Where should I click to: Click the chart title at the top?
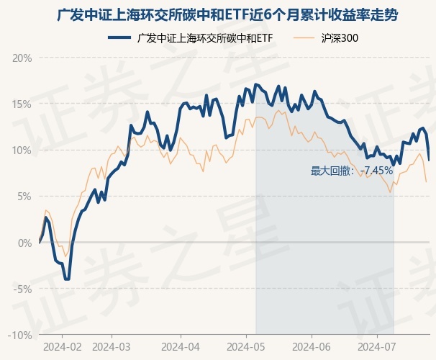pyautogui.click(x=218, y=14)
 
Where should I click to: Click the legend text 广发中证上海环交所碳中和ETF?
pyautogui.click(x=204, y=37)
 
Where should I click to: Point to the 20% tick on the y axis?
pyautogui.click(x=22, y=58)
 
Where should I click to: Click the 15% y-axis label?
pyautogui.click(x=22, y=104)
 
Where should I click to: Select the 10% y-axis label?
pyautogui.click(x=22, y=150)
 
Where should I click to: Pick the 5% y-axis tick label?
pyautogui.click(x=24, y=197)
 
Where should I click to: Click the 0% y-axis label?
pyautogui.click(x=24, y=243)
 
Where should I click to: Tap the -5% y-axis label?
pyautogui.click(x=22, y=289)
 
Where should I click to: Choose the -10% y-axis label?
pyautogui.click(x=20, y=336)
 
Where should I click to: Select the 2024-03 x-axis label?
pyautogui.click(x=112, y=346)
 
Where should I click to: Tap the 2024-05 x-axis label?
pyautogui.click(x=245, y=346)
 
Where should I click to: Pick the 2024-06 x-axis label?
pyautogui.click(x=311, y=346)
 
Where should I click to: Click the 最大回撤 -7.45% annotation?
pyautogui.click(x=352, y=171)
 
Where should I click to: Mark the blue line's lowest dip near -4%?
pyautogui.click(x=67, y=279)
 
